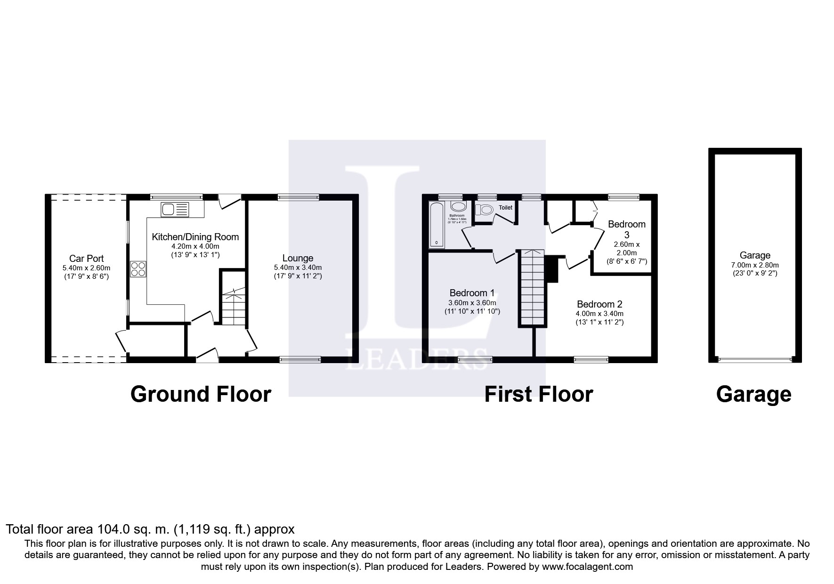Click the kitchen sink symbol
point(175,209)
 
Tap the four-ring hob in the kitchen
point(138,269)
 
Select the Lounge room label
point(298,258)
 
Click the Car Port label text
point(86,259)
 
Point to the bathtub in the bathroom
point(437,225)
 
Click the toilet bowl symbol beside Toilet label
point(484,209)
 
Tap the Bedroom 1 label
point(472,292)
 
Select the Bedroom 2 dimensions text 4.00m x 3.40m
point(599,314)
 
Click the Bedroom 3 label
point(626,229)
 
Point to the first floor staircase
point(533,288)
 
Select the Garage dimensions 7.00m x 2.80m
point(755,265)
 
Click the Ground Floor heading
point(201,394)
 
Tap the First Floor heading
point(538,394)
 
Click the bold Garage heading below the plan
point(753,394)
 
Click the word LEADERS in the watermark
point(417,359)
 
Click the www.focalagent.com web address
point(587,567)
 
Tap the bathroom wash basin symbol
point(458,207)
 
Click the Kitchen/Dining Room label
point(195,237)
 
